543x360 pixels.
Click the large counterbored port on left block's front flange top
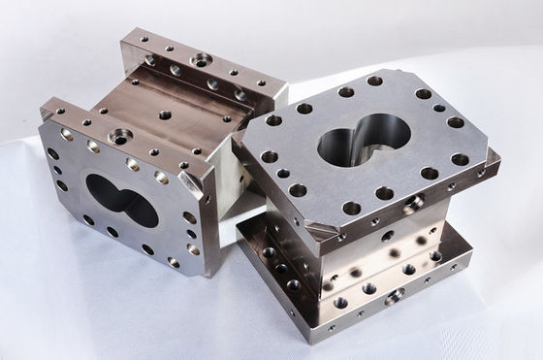click(x=121, y=137)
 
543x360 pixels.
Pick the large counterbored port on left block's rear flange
click(x=201, y=60)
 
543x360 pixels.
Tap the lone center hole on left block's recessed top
click(x=165, y=115)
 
